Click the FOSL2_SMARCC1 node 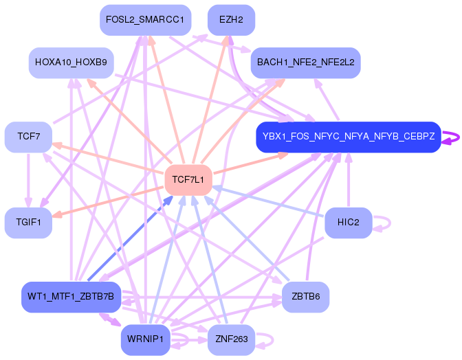click(144, 20)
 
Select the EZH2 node click(231, 20)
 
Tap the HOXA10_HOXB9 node click(71, 63)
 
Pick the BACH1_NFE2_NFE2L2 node click(305, 63)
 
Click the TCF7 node click(28, 137)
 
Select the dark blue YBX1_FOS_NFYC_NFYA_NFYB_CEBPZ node click(348, 137)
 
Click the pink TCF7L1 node click(188, 179)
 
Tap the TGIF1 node click(28, 222)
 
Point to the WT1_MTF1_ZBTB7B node click(71, 297)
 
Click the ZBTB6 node click(305, 297)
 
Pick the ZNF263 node click(231, 339)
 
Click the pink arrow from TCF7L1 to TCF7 click(110, 159)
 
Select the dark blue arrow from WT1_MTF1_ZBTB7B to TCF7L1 click(131, 236)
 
